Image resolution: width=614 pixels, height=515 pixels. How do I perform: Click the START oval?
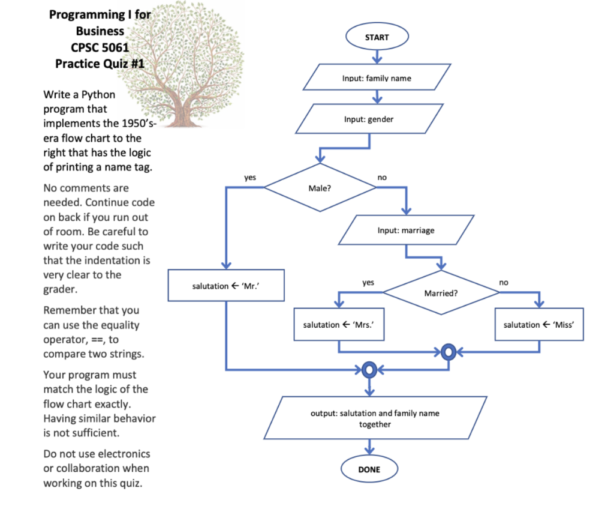(377, 37)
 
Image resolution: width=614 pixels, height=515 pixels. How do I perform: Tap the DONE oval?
(369, 469)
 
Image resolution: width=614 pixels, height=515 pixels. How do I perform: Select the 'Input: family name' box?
(377, 77)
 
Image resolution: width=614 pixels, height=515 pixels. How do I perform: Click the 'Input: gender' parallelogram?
(369, 119)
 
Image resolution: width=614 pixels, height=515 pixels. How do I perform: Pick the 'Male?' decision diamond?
(320, 188)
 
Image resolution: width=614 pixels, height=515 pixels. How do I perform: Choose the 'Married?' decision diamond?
(441, 292)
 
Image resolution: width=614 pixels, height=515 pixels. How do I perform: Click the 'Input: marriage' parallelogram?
(406, 230)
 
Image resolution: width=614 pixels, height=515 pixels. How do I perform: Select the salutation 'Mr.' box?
(226, 285)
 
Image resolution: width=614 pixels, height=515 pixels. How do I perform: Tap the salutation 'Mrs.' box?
(339, 325)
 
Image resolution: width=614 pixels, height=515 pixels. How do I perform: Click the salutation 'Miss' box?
(539, 325)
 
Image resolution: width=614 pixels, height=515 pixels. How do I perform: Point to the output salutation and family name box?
(375, 418)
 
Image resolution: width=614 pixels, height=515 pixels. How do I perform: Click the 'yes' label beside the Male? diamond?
(250, 178)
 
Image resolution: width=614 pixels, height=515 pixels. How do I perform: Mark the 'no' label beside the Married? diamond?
(504, 283)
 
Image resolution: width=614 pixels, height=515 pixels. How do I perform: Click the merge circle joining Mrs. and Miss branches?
(449, 352)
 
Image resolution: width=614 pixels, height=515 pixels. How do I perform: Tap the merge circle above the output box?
(369, 370)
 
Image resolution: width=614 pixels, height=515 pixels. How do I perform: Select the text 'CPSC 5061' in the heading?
(100, 47)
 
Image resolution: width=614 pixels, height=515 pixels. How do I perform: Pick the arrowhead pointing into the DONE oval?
(369, 451)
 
